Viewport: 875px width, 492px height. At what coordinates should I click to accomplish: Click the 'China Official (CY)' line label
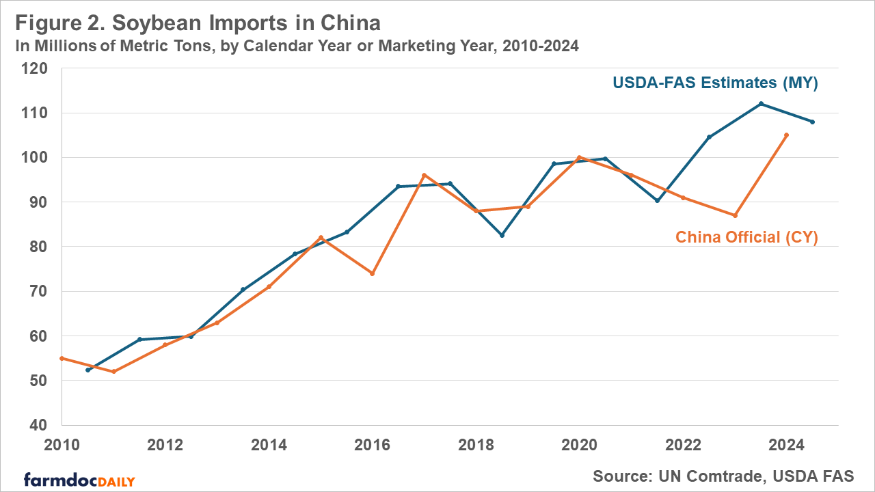coord(746,237)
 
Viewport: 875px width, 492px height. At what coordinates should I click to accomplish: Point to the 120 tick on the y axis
coord(34,69)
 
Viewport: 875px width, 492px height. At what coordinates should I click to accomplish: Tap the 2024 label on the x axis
coord(786,446)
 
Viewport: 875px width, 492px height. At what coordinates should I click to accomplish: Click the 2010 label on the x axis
coord(62,446)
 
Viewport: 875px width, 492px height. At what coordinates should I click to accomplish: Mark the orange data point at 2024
coord(787,135)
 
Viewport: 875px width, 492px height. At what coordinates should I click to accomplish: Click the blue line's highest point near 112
coord(761,104)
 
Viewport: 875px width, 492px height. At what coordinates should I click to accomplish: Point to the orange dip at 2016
coord(373,273)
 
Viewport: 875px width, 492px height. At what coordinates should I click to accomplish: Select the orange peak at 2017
coord(424,175)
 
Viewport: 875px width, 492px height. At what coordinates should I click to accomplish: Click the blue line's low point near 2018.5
coord(502,235)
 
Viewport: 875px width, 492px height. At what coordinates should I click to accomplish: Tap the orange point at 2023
coord(735,215)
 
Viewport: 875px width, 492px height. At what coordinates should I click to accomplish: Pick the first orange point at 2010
coord(62,358)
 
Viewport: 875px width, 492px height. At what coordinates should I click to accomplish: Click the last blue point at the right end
coord(812,122)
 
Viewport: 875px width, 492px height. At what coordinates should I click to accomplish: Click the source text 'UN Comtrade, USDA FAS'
coord(723,476)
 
